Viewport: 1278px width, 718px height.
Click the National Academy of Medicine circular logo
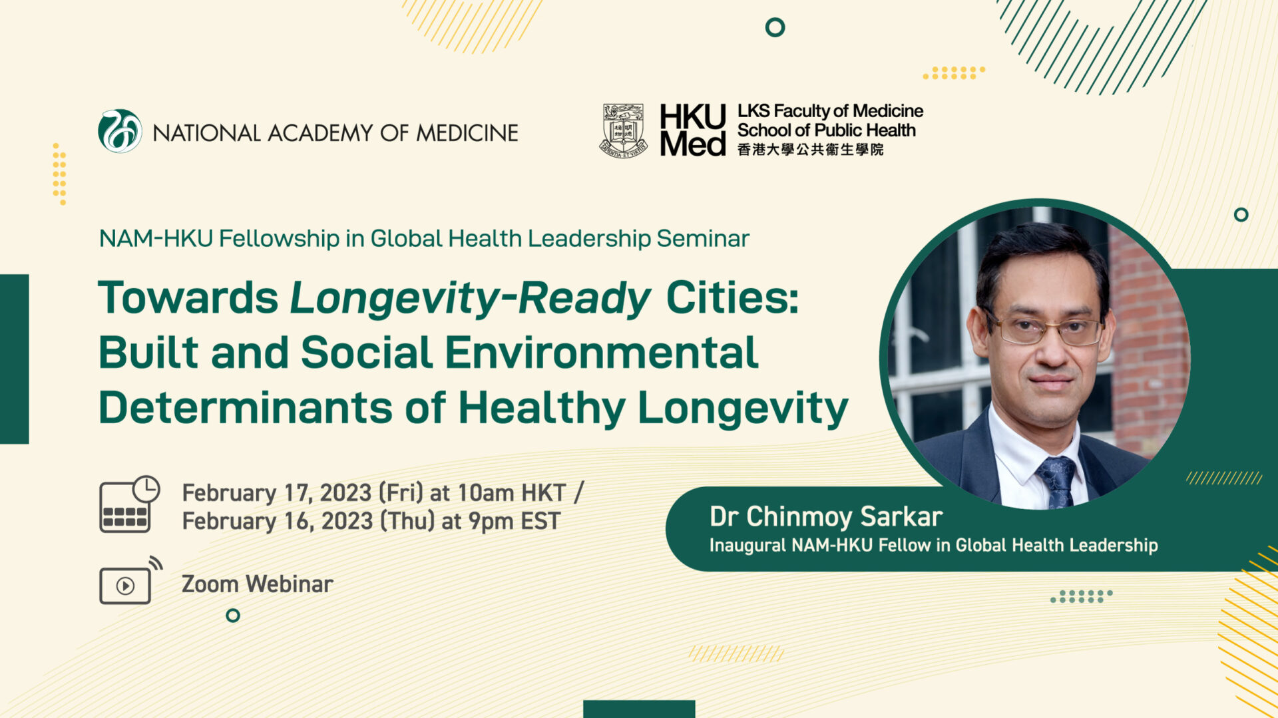point(120,131)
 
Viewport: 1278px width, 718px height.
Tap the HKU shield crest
point(624,130)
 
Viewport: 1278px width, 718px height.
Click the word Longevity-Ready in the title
point(471,297)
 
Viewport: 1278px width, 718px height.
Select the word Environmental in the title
point(602,352)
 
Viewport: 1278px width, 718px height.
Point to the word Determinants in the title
point(246,407)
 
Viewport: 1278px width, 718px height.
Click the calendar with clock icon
point(130,504)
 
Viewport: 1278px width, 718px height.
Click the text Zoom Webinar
point(257,584)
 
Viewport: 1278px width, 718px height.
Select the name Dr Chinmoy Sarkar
point(826,516)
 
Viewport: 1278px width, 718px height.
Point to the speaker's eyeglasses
point(1045,329)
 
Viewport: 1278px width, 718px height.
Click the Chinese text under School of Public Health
point(810,150)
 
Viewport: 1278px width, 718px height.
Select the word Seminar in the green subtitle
point(703,238)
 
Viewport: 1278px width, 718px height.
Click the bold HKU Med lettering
point(693,130)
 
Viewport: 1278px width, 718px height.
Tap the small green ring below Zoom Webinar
point(233,616)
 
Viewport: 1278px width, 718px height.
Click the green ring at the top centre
point(775,27)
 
